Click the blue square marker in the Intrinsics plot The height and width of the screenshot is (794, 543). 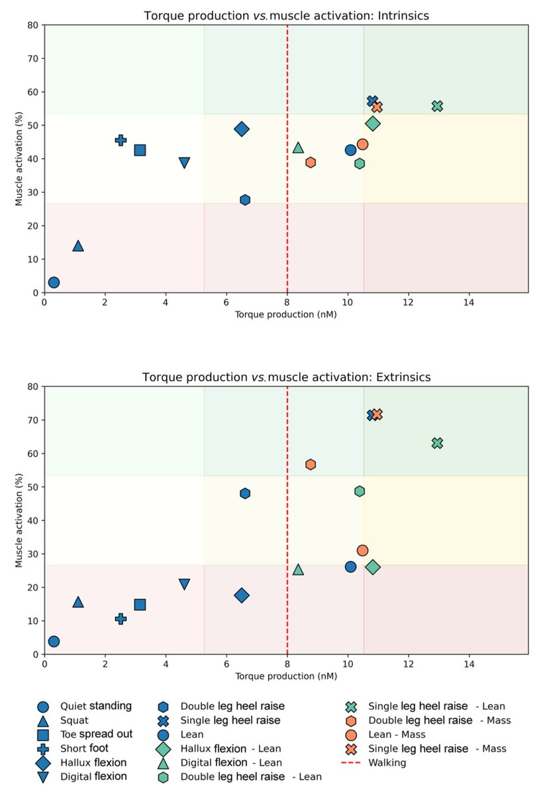tap(140, 150)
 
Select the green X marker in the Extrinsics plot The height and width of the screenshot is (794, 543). tap(437, 443)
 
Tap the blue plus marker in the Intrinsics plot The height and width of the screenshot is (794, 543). tap(121, 140)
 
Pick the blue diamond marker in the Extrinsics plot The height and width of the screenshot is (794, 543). tap(242, 595)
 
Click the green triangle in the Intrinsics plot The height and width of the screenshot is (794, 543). tap(298, 148)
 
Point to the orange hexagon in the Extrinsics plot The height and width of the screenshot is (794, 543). tap(311, 464)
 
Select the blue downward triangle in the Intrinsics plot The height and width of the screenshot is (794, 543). tap(184, 163)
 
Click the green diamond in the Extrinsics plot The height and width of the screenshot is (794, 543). tap(373, 567)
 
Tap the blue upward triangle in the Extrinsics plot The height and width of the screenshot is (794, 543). tap(78, 602)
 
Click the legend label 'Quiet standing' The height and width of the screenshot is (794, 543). tap(95, 706)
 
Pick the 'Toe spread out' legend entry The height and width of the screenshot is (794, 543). tap(96, 734)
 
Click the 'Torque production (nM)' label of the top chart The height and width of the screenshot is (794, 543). tap(285, 315)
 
